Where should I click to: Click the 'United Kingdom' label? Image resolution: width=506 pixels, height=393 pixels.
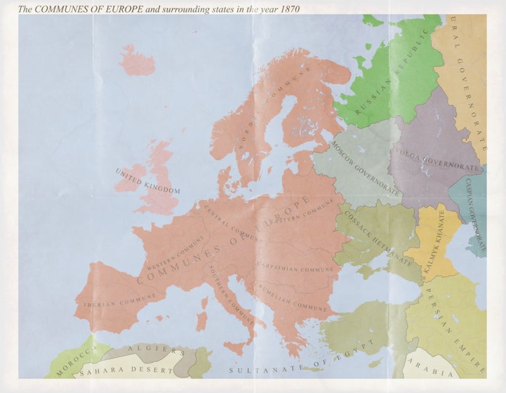tap(147, 180)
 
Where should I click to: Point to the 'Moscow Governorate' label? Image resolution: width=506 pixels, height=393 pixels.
tap(365, 168)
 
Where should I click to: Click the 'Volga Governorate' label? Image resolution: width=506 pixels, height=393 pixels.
tap(437, 158)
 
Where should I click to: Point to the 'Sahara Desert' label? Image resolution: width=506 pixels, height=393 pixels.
tap(126, 369)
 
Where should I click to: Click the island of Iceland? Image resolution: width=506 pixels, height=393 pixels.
tap(137, 61)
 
